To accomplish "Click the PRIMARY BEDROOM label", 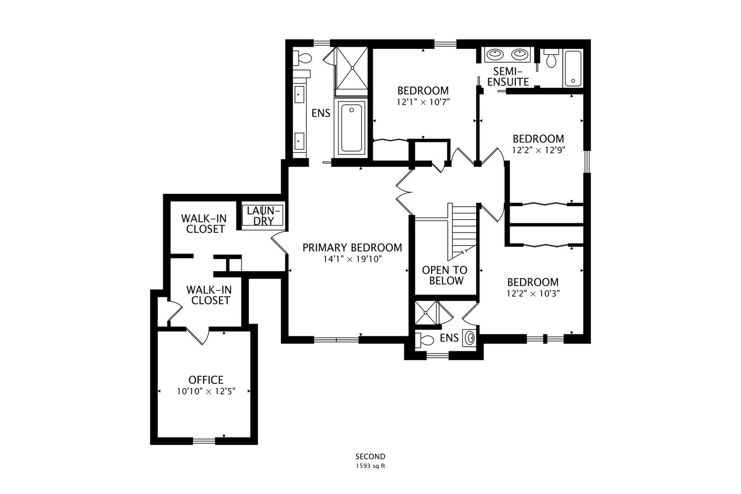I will pyautogui.click(x=352, y=248).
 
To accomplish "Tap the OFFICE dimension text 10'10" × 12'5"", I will pyautogui.click(x=206, y=392).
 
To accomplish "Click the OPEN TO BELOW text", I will pyautogui.click(x=445, y=275).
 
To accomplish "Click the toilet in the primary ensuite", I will pyautogui.click(x=303, y=58).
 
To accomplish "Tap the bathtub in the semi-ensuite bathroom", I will pyautogui.click(x=573, y=68).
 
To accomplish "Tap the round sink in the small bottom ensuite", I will pyautogui.click(x=470, y=338).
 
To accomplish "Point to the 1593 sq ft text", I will pyautogui.click(x=370, y=467).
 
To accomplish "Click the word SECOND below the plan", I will pyautogui.click(x=370, y=456).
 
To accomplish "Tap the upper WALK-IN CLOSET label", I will pyautogui.click(x=204, y=223).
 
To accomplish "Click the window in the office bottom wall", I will pyautogui.click(x=204, y=441).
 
